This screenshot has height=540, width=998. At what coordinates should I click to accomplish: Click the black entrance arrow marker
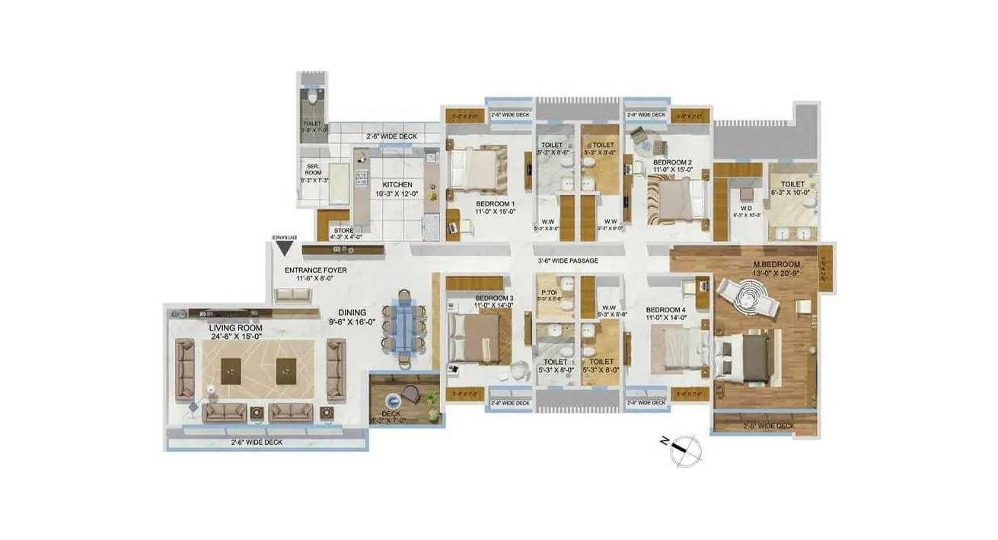coord(285,247)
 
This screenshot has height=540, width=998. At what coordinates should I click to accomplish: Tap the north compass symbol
coord(686,450)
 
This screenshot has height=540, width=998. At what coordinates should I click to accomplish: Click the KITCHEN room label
coord(397,185)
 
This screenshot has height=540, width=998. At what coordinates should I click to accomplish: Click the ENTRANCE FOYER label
coord(315,270)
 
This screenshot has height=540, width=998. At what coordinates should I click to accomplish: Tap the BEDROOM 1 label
coord(496,204)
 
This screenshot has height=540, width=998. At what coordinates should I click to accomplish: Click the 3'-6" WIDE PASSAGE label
coord(567,261)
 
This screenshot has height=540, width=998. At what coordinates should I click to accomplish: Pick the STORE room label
coord(344,230)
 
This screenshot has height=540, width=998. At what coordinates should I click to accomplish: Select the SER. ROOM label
coord(312,169)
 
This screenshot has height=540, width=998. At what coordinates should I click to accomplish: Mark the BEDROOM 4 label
coord(666,309)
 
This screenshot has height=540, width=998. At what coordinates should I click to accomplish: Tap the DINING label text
coord(353,312)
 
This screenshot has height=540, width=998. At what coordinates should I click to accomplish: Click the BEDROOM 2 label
coord(673,162)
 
